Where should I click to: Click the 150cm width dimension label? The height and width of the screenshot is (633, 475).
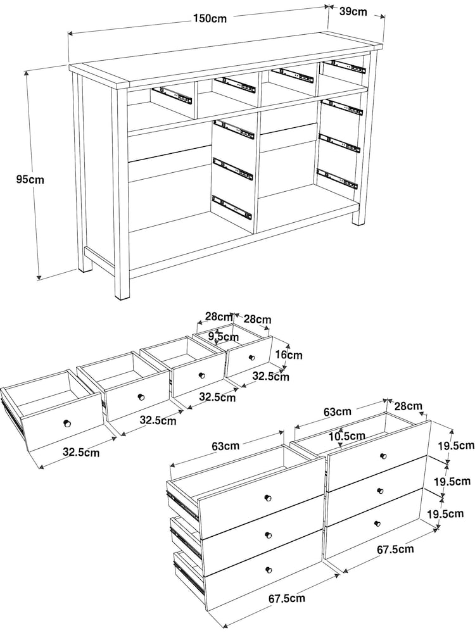coord(210,18)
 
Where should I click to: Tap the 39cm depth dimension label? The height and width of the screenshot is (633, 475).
coord(353,11)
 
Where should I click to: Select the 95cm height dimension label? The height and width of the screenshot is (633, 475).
coord(30,179)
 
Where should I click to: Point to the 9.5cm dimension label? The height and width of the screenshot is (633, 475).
coord(224,336)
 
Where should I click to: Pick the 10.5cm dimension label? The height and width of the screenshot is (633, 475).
coord(346,436)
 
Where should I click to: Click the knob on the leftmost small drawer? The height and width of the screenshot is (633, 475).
coord(68,423)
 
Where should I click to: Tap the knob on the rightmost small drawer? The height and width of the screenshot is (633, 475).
coord(252,357)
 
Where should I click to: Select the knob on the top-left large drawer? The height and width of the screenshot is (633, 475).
coord(267,498)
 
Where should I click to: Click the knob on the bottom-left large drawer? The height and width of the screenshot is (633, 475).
coord(269,570)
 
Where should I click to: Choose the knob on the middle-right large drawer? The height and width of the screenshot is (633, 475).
coord(379,491)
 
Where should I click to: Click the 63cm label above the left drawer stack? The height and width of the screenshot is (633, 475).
coord(225,446)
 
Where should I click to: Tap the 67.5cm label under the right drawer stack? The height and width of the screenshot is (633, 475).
coord(395,549)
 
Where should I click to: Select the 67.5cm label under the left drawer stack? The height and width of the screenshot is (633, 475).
coord(287,598)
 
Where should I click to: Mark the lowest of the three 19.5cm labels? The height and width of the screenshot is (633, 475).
coord(445,513)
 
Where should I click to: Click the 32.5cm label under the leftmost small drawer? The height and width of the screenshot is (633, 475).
coord(81,452)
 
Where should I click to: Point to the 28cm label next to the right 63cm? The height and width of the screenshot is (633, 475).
coord(408,406)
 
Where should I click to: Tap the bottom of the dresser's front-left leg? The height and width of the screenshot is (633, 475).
coord(122,298)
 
